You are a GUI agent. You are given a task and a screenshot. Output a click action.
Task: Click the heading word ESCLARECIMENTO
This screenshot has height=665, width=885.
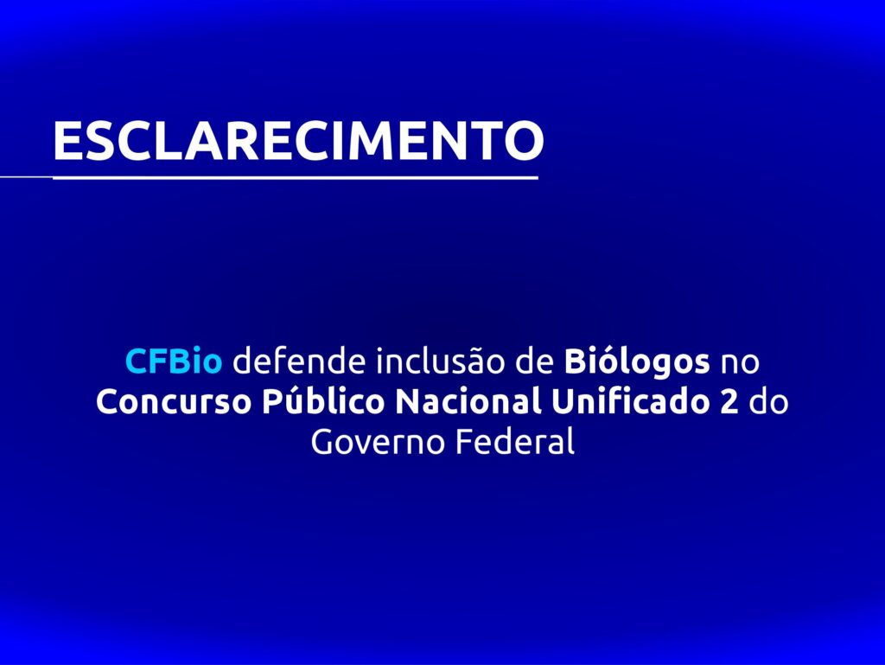(x=298, y=140)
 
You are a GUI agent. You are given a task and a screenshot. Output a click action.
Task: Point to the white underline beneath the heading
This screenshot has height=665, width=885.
(x=270, y=178)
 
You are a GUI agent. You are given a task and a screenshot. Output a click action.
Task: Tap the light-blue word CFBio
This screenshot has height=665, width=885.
(x=174, y=361)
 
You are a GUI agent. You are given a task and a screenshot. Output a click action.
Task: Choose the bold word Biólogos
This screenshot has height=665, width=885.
(x=637, y=362)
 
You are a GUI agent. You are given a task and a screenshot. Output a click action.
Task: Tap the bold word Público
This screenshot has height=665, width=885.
(x=323, y=400)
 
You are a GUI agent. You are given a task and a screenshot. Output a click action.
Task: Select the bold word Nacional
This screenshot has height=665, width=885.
(x=468, y=401)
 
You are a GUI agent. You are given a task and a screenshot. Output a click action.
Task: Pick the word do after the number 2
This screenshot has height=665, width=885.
(x=768, y=401)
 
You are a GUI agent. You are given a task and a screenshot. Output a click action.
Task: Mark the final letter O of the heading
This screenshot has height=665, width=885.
(x=525, y=140)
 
